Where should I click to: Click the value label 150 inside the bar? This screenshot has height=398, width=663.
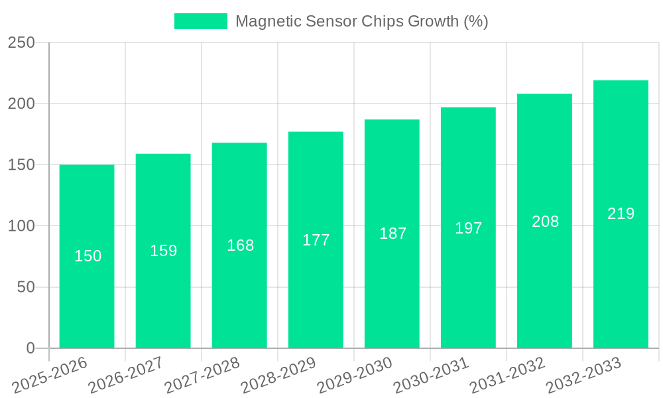[x=88, y=256]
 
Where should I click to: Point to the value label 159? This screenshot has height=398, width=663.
[x=163, y=251]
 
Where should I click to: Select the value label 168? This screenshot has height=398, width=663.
[x=240, y=245]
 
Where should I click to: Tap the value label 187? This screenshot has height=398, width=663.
[x=392, y=233]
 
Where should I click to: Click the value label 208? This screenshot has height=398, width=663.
[x=545, y=222]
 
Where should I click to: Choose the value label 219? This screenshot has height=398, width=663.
[x=621, y=214]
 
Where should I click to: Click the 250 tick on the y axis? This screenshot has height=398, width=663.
[x=21, y=42]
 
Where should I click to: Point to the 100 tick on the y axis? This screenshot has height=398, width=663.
[x=21, y=226]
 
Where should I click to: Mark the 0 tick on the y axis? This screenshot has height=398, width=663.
[x=30, y=348]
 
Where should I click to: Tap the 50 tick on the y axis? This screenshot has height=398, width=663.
[x=26, y=287]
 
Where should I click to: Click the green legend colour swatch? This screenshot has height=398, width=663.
[x=200, y=21]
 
